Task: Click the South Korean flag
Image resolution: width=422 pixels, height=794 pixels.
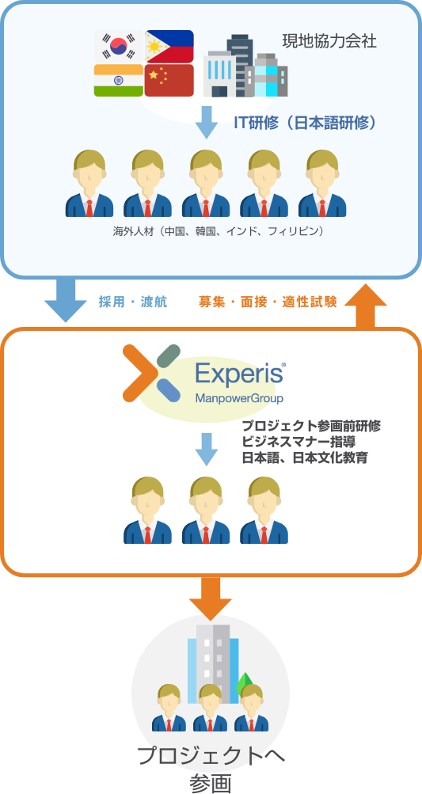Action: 119,47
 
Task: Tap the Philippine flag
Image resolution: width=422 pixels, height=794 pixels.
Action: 169,47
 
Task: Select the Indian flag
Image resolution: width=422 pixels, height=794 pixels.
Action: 119,80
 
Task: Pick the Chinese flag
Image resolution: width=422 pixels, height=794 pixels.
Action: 169,80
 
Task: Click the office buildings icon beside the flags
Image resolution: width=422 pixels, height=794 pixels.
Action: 245,66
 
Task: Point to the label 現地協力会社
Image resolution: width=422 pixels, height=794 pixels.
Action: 329,41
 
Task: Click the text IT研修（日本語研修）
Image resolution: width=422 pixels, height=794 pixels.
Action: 306,123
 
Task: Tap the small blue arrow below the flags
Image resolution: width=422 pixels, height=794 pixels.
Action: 206,122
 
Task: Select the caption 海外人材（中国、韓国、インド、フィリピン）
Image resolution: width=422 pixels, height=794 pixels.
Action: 218,231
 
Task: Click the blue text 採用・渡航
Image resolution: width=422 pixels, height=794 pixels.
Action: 133,302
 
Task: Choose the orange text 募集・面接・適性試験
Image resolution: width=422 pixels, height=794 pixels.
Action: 268,302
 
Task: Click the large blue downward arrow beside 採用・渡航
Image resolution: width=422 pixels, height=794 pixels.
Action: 66,300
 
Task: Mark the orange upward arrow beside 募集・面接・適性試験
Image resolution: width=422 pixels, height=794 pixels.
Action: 365,306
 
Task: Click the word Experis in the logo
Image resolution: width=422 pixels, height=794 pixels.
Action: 239,374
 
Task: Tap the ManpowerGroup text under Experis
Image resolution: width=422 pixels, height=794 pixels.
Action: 239,398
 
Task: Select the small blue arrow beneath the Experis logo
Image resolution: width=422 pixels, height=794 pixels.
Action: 206,449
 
